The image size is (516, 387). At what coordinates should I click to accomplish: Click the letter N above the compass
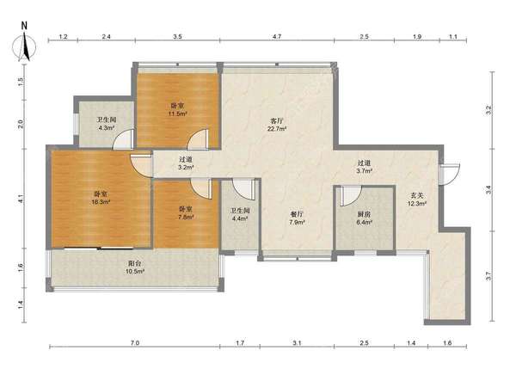[24, 26]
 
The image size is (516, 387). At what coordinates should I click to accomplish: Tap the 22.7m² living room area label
[277, 129]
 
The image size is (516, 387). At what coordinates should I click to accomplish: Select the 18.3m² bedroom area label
[101, 202]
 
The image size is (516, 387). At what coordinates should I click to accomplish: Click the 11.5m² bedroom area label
[178, 114]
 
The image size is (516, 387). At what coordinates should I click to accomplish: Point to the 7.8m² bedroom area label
[186, 217]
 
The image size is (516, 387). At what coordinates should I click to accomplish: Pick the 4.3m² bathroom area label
[107, 128]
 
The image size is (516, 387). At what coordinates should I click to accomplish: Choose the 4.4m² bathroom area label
[240, 218]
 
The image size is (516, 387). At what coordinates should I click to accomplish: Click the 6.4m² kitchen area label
[365, 222]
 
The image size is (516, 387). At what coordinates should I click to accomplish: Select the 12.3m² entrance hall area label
[417, 203]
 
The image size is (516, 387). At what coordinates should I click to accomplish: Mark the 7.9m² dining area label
[298, 222]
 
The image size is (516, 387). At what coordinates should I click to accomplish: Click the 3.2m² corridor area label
[186, 167]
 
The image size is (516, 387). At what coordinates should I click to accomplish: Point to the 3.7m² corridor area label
[365, 171]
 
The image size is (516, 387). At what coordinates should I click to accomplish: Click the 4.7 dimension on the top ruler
[277, 36]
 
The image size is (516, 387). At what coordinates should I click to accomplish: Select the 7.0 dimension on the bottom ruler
[135, 343]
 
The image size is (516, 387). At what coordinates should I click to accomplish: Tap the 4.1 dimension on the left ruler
[21, 199]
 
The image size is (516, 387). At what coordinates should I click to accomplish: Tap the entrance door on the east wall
[450, 174]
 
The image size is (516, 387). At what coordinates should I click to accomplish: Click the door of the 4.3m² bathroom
[123, 139]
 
